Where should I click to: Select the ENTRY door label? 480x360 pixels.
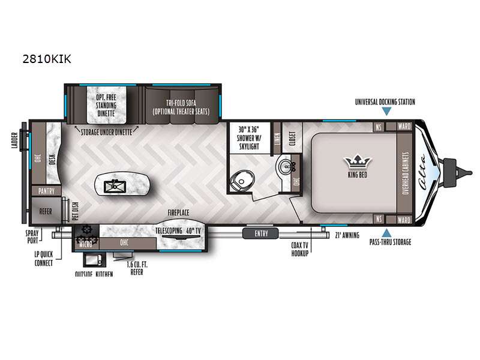262,233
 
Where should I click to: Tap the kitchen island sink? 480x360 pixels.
113,184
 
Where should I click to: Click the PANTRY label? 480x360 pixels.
46,191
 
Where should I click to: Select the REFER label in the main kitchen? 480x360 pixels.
46,211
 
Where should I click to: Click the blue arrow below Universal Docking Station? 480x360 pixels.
385,112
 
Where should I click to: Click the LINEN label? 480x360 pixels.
277,138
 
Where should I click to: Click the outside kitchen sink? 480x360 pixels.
91,260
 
